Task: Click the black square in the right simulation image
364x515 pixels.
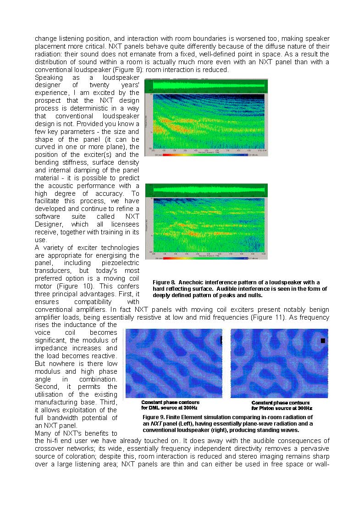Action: pos(323,341)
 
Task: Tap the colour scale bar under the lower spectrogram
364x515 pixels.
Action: pos(205,258)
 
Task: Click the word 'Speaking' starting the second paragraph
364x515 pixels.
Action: pos(49,78)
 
